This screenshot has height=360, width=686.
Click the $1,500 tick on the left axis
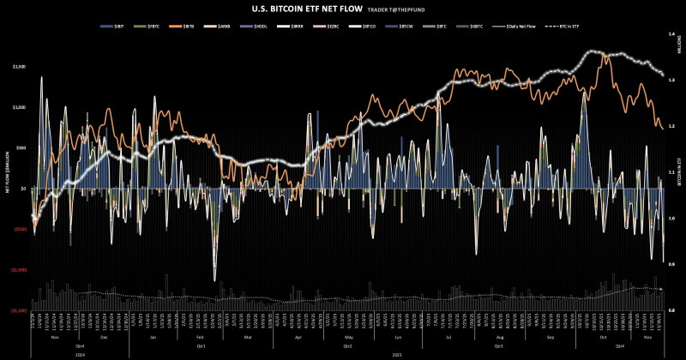pyautogui.click(x=20, y=66)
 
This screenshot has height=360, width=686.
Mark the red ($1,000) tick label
pyautogui.click(x=19, y=269)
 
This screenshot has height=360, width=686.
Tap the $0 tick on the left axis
pyautogui.click(x=23, y=189)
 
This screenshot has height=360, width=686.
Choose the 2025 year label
pyautogui.click(x=396, y=353)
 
